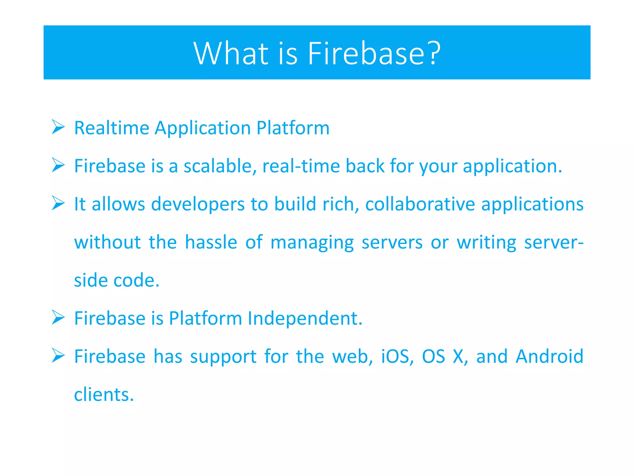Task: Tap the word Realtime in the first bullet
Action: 112,128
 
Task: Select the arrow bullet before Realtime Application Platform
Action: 58,127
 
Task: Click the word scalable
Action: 220,166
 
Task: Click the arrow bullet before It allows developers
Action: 58,203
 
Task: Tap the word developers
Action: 198,204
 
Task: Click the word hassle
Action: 211,242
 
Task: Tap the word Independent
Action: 305,318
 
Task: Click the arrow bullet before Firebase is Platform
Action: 58,317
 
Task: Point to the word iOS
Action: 397,356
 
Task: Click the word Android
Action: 549,356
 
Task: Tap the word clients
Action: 104,394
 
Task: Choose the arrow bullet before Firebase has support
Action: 58,355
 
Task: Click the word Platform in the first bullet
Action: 293,128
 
